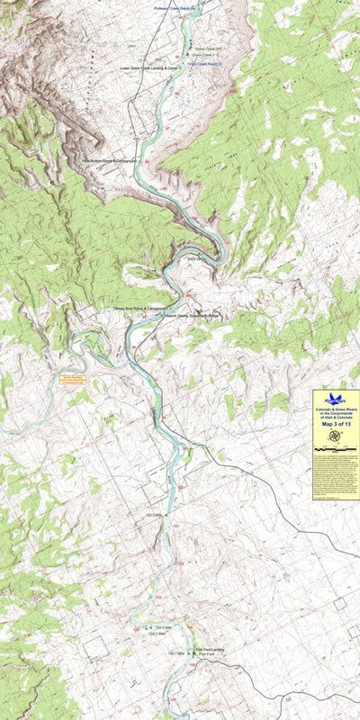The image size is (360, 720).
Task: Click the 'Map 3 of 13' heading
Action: [335, 425]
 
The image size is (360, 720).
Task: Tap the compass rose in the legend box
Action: [335, 436]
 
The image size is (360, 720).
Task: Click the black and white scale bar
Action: [335, 447]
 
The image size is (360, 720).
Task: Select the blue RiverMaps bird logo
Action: [335, 397]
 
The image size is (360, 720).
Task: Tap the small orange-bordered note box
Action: [71, 379]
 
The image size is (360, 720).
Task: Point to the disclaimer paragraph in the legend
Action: [335, 472]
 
